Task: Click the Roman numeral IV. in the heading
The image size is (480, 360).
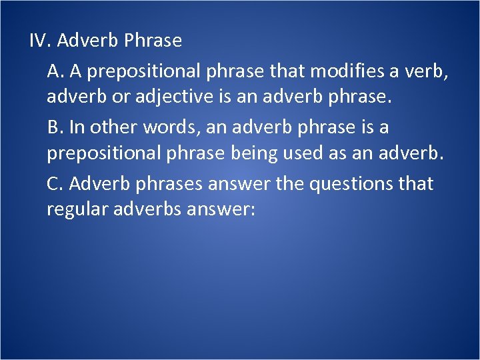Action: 41,41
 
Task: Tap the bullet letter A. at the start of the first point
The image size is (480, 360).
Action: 55,70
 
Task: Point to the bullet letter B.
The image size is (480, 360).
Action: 55,127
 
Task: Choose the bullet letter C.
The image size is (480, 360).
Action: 55,183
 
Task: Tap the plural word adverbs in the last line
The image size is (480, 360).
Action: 153,210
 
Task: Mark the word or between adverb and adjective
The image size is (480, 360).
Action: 122,97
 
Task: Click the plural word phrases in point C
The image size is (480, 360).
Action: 170,183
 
